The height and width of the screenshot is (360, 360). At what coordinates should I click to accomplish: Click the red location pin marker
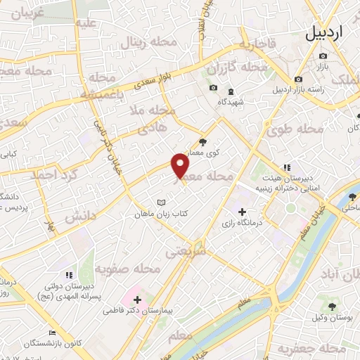pos(181,166)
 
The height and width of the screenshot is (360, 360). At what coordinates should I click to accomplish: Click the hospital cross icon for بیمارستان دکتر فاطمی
pos(137,300)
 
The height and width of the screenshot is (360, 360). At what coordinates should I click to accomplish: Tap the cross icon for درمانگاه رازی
pos(243,212)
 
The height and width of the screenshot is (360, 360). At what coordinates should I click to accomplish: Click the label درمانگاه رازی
pos(242,223)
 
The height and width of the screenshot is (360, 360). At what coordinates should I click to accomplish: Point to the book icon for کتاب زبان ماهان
pos(161,201)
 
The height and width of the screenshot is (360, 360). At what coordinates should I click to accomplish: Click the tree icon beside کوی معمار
pos(205,141)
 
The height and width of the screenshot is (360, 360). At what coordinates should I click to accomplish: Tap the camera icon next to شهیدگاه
pos(213,89)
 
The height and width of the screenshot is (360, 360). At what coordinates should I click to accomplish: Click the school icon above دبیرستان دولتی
pos(68,275)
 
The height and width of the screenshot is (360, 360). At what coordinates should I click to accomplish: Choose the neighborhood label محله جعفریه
pos(303,349)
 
